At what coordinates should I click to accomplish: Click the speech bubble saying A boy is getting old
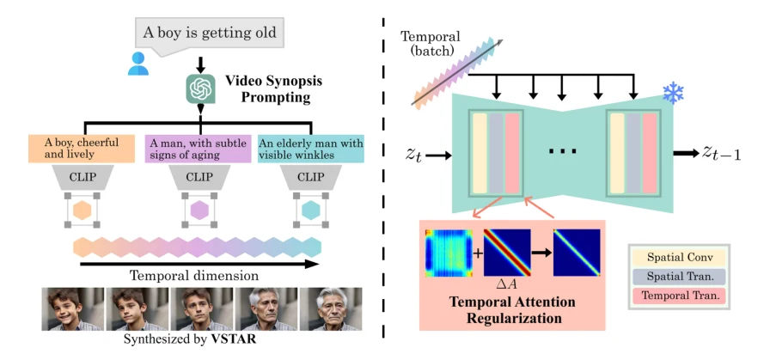click(210, 34)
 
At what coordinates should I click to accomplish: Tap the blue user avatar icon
click(138, 64)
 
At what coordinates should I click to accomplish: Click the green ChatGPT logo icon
click(201, 88)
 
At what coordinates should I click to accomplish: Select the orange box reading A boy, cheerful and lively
click(81, 149)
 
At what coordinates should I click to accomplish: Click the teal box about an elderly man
click(311, 149)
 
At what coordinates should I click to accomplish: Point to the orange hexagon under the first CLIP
click(82, 211)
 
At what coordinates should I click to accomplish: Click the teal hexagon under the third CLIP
click(310, 211)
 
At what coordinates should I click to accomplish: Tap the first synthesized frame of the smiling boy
click(73, 309)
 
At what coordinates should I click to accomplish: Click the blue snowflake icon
click(673, 93)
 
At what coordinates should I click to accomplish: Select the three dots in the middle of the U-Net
click(564, 150)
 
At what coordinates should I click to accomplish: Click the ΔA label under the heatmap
click(506, 284)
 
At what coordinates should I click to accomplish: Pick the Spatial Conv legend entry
click(679, 257)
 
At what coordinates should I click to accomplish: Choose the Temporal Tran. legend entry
click(679, 296)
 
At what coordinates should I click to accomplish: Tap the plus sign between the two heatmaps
click(477, 253)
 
